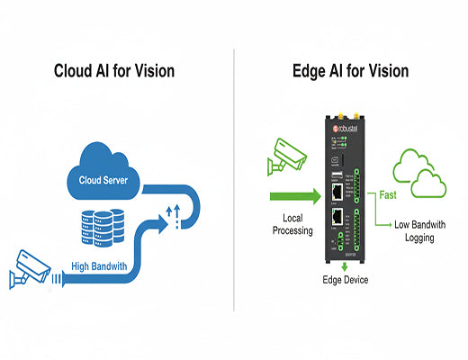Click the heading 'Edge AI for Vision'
pyautogui.click(x=350, y=71)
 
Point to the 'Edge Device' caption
pyautogui.click(x=346, y=281)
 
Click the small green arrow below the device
pyautogui.click(x=346, y=266)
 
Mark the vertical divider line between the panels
pyautogui.click(x=234, y=180)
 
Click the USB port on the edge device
pyautogui.click(x=335, y=174)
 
